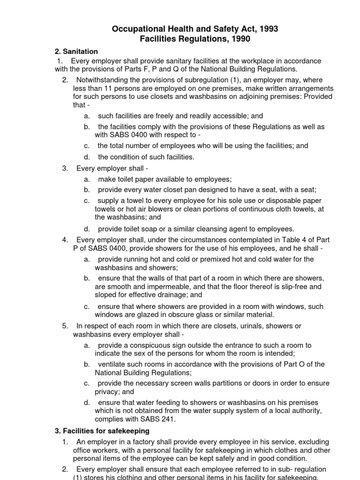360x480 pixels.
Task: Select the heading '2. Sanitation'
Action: pyautogui.click(x=76, y=52)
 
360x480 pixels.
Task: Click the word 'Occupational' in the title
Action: pyautogui.click(x=135, y=29)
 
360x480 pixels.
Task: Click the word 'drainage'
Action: pyautogui.click(x=171, y=295)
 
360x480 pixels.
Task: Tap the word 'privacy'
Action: pyautogui.click(x=107, y=391)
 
